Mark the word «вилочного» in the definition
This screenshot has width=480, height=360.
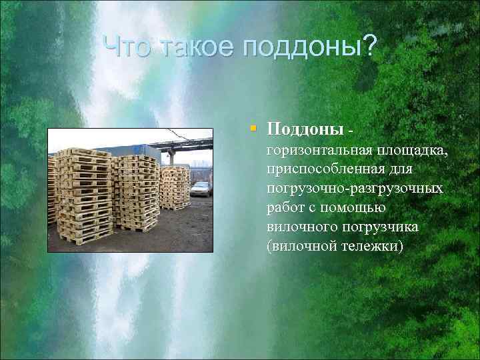[299, 227]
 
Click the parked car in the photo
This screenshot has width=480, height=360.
[200, 189]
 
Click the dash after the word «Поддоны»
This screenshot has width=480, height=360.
[350, 127]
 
